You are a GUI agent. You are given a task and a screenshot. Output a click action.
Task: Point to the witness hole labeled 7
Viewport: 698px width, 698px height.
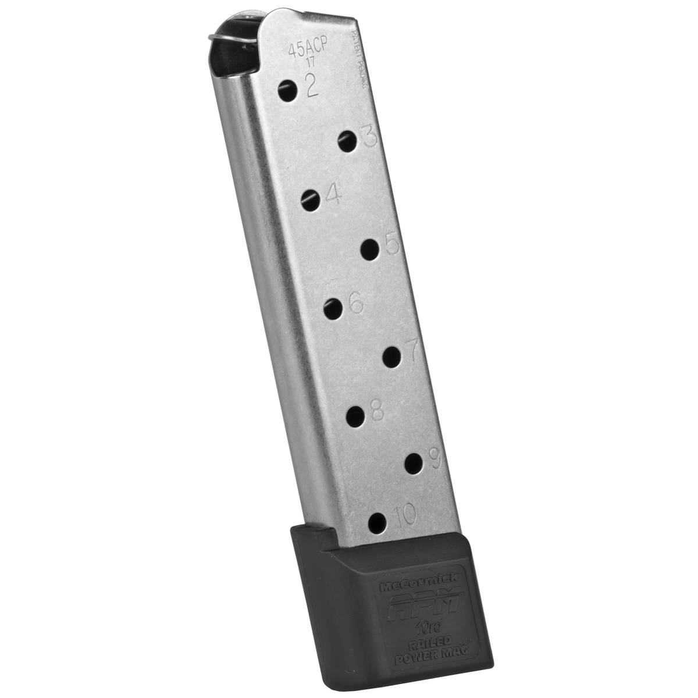click(x=393, y=357)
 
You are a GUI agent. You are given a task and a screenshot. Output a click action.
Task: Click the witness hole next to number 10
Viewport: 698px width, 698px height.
click(x=378, y=522)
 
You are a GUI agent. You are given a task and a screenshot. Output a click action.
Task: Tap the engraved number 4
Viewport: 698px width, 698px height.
click(x=333, y=195)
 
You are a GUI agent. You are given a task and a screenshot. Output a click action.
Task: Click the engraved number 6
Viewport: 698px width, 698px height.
click(x=355, y=301)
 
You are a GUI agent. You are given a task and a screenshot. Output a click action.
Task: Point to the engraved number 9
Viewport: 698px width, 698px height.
click(x=435, y=460)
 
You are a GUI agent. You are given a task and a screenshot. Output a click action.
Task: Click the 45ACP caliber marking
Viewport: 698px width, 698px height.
click(x=309, y=51)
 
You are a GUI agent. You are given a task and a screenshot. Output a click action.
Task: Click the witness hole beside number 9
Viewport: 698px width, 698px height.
click(x=414, y=464)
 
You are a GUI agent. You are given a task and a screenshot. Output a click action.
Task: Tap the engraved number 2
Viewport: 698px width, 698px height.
click(x=311, y=87)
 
